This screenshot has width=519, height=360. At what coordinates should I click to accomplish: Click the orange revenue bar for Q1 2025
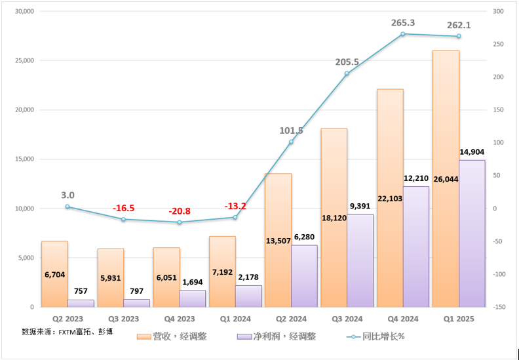446,131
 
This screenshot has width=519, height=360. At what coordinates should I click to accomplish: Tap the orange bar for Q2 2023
54,289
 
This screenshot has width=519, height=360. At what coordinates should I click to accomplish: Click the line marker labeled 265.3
403,34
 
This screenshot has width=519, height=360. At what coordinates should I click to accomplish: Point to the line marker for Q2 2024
292,142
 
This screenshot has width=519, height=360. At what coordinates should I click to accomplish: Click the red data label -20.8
179,211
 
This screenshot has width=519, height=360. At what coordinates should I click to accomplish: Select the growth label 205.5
347,62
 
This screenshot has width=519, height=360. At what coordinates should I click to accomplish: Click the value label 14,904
472,152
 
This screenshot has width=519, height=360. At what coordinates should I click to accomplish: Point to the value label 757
81,291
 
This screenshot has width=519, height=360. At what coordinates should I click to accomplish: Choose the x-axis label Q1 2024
235,319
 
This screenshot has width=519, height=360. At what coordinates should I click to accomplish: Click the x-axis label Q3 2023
123,319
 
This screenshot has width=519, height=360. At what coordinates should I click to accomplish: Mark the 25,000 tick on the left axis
24,60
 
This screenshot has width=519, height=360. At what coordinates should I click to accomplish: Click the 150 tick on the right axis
498,110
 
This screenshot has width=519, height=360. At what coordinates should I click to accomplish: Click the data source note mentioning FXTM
67,332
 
